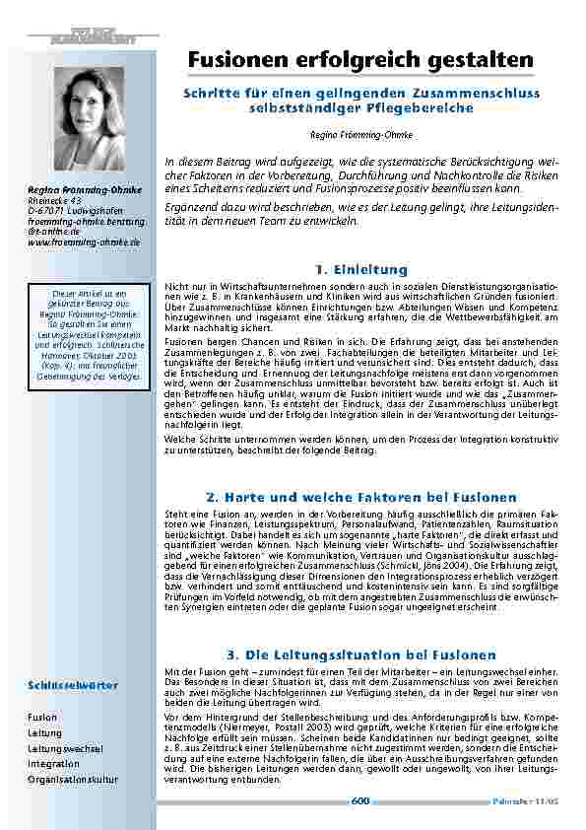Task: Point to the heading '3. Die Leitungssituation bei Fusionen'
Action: (x=360, y=655)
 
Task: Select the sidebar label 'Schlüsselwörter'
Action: (x=73, y=684)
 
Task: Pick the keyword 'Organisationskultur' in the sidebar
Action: (x=73, y=779)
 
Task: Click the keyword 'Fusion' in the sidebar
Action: (x=42, y=717)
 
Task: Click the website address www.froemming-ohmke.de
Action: (x=84, y=241)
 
